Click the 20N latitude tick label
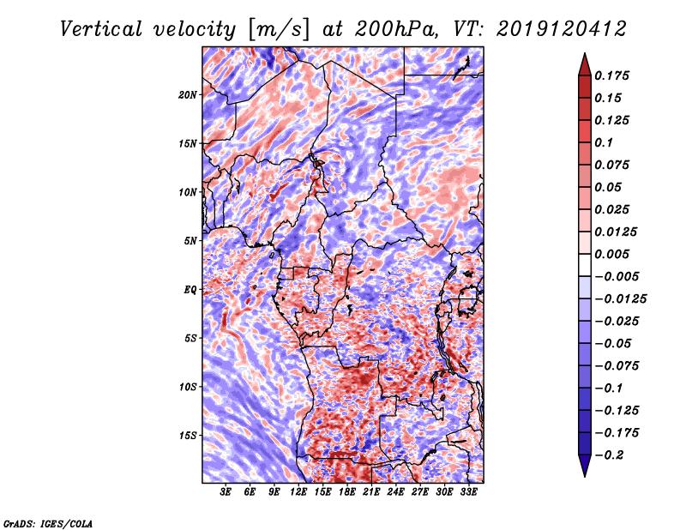click(x=188, y=94)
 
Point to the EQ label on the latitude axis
click(x=190, y=290)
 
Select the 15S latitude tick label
click(x=188, y=436)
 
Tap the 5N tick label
click(x=190, y=241)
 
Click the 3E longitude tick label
click(x=226, y=493)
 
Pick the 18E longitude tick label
click(x=347, y=493)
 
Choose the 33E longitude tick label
click(x=468, y=493)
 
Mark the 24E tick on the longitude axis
click(x=395, y=493)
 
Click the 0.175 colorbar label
click(x=612, y=75)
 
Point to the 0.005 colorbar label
click(x=612, y=254)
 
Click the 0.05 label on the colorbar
click(x=609, y=187)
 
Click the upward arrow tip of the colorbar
click(x=584, y=56)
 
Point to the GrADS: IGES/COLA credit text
click(x=47, y=522)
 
